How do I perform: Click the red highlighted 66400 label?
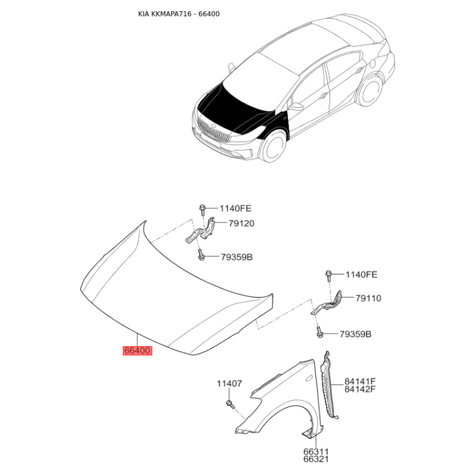pos(137,351)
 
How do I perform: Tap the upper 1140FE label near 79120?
pos(236,208)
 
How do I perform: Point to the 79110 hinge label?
pos(368,298)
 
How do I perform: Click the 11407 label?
pos(228,384)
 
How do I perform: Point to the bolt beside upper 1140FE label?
pos(202,209)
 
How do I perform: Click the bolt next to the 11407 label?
pos(230,405)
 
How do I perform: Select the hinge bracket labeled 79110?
pos(330,302)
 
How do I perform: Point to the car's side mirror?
pos(296,106)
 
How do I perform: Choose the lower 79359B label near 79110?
pos(355,334)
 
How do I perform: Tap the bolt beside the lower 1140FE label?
pos(328,275)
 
